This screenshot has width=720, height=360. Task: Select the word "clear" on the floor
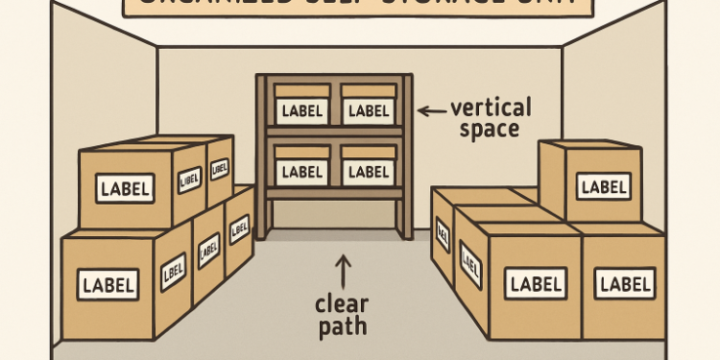pos(342,303)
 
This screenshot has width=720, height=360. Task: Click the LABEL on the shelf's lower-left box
pos(303,172)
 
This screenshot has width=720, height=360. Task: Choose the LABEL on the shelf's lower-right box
pos(368,172)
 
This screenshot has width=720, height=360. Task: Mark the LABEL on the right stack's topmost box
pos(605,186)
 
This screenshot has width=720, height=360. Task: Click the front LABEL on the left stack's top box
pos(125,189)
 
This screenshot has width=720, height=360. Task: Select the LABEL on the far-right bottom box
pos(625,283)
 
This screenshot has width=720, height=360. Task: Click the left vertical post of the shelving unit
pos(261,154)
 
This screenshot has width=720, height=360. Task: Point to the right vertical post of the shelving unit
pos(408,154)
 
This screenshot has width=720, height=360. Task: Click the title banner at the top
pos(359,8)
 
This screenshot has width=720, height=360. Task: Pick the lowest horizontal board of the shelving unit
pos(334,192)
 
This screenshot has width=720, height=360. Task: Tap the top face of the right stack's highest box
pos(588,146)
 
